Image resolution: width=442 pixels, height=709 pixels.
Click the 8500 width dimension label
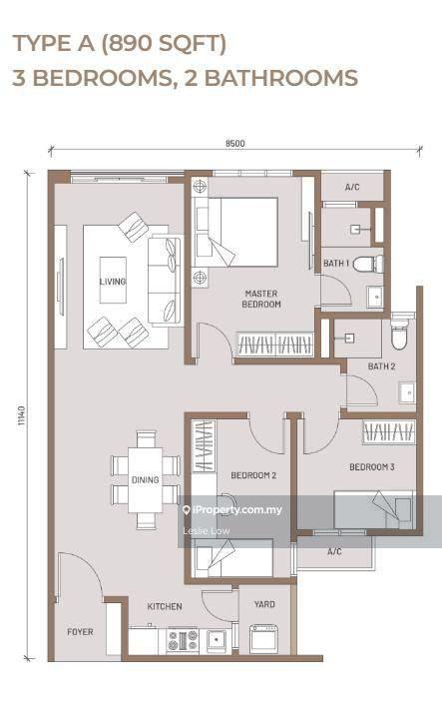(x=235, y=144)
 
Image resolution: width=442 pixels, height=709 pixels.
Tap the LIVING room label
(x=113, y=282)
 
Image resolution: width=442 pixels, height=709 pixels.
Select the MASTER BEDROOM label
(x=261, y=299)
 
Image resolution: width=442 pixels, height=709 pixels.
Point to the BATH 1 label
(x=336, y=263)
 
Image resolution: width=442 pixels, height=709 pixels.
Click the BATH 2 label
(x=381, y=366)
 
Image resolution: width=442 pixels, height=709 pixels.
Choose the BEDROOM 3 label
(x=372, y=466)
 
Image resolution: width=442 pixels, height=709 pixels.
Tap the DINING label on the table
(x=145, y=479)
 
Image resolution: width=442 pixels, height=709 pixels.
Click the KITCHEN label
(x=165, y=606)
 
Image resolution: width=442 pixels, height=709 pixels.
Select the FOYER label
(x=80, y=632)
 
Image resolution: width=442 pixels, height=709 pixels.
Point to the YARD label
(x=264, y=604)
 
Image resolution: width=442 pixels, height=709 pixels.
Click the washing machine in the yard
(x=264, y=639)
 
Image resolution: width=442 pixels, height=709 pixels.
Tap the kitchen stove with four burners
(x=183, y=640)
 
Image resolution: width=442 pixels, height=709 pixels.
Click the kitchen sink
(x=217, y=641)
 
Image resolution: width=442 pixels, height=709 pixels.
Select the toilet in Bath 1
(x=368, y=264)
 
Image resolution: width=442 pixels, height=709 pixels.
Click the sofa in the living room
(x=166, y=280)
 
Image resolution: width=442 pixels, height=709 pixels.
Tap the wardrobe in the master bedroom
(x=274, y=345)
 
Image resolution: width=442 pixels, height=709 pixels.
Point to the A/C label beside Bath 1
(x=352, y=187)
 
